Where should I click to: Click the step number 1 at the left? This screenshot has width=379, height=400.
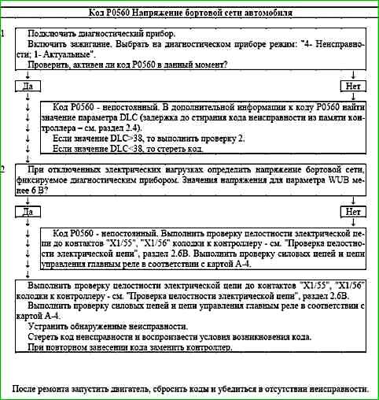click(x=5, y=35)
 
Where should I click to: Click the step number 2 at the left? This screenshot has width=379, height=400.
click(x=5, y=169)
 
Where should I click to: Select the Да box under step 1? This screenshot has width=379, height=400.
click(x=27, y=85)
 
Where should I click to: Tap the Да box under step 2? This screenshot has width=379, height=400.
click(x=27, y=212)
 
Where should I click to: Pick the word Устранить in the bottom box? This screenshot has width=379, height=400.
click(x=50, y=326)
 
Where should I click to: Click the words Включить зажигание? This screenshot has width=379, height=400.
click(x=66, y=46)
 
